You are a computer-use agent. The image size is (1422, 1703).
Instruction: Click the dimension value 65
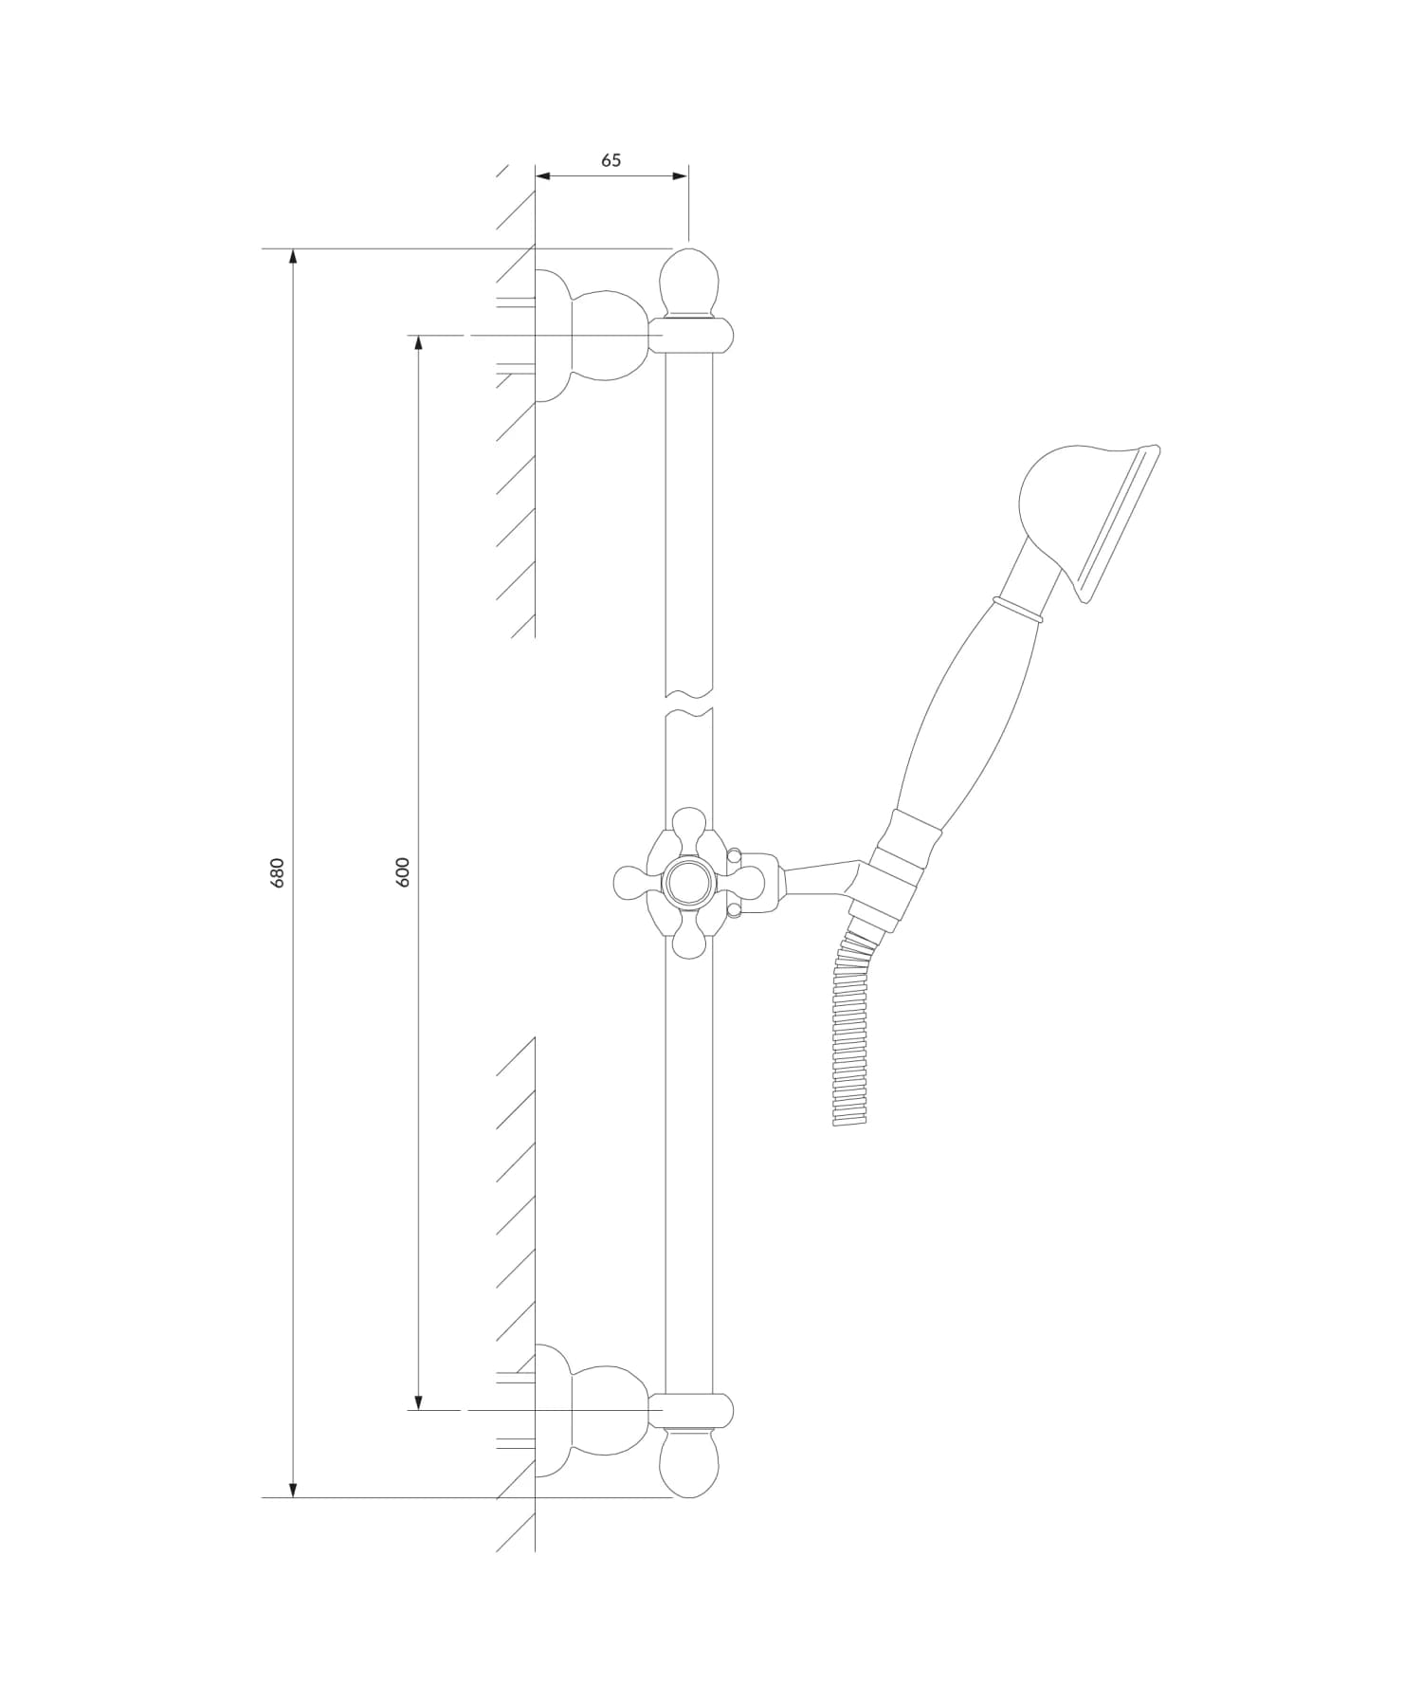coord(611,160)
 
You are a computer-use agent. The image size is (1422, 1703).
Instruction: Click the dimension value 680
coord(278,871)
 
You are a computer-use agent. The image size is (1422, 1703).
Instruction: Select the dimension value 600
coord(403,871)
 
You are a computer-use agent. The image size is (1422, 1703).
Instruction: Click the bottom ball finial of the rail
coord(689,1462)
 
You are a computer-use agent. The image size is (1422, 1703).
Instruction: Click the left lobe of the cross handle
coord(631,883)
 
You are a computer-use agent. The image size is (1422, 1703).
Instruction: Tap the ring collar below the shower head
coord(1017,610)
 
